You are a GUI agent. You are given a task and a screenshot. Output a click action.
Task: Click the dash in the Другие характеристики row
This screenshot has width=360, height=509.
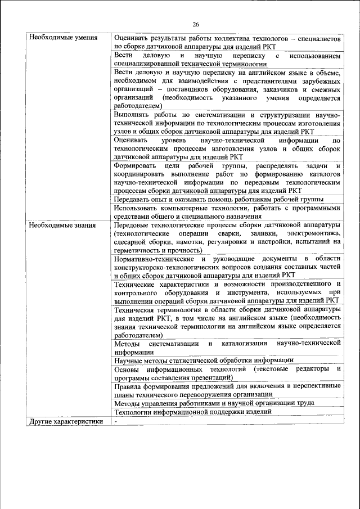tap(115, 421)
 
